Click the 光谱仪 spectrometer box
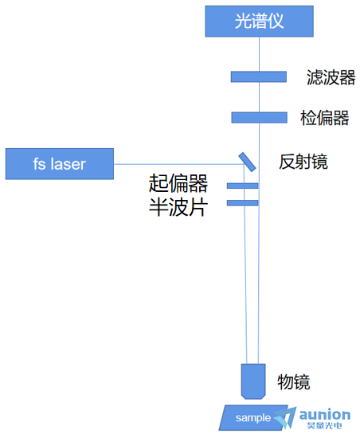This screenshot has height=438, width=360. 259,22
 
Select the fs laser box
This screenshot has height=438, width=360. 60,164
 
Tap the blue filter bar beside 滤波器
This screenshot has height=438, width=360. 259,76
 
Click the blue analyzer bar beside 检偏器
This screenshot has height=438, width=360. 259,118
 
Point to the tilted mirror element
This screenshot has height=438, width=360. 247,162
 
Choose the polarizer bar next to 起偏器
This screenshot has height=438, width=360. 242,186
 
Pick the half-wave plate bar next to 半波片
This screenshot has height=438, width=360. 242,203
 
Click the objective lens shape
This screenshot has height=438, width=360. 253,381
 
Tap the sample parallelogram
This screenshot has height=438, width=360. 253,417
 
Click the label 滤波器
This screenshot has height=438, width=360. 331,77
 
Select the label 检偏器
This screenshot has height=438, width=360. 324,118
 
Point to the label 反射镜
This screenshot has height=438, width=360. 303,162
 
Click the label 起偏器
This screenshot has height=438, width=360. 178,183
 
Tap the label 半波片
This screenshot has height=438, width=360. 178,207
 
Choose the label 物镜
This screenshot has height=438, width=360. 294,381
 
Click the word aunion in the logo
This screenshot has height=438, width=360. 324,415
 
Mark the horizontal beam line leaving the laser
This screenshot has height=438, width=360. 178,164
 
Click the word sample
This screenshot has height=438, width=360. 253,418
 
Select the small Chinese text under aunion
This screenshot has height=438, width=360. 324,426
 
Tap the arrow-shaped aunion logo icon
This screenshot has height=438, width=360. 286,417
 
